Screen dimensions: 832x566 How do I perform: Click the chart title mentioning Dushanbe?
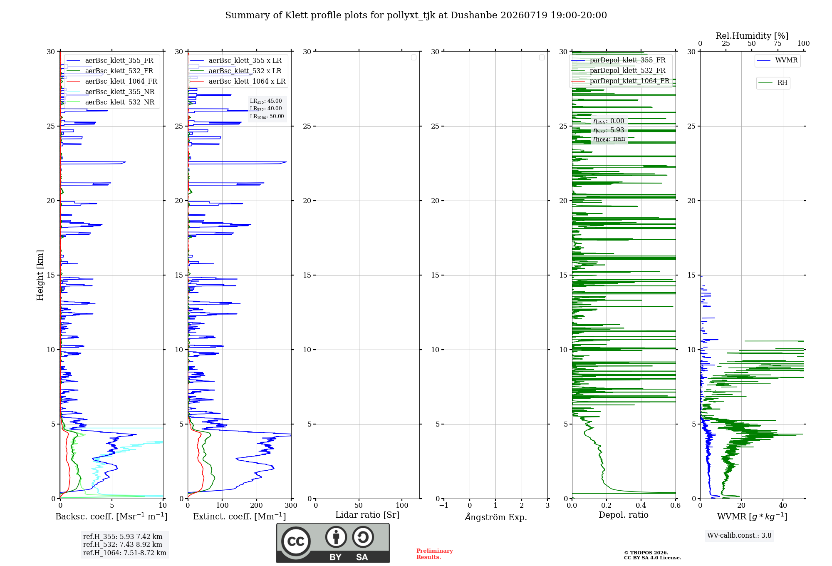point(416,15)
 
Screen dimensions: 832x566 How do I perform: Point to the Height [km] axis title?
point(40,275)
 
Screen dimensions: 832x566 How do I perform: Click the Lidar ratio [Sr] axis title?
point(367,515)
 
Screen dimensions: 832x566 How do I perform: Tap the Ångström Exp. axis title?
point(496,517)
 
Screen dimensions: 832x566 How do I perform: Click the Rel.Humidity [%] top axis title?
point(752,36)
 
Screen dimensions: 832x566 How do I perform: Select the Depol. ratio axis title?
point(624,515)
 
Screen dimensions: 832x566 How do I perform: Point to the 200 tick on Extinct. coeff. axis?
point(257,505)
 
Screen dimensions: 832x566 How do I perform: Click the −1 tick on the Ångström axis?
point(443,505)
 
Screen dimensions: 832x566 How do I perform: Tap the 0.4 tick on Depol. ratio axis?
point(641,505)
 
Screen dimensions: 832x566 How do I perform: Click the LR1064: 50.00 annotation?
point(267,117)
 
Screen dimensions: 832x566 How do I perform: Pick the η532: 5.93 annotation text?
point(609,130)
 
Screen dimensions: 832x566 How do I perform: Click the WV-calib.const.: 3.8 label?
point(739,536)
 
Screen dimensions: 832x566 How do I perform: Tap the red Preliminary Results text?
point(435,554)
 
